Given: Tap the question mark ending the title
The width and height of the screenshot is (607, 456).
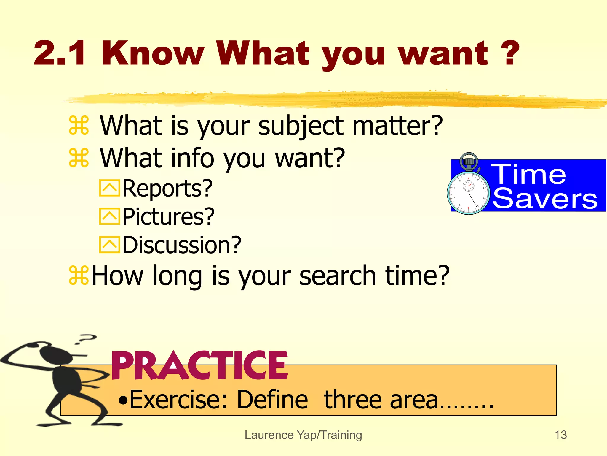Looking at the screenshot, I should (x=509, y=53).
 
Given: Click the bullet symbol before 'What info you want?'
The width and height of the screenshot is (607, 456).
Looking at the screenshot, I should (x=79, y=158).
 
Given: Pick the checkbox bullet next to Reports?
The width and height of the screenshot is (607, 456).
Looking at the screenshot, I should (x=109, y=188).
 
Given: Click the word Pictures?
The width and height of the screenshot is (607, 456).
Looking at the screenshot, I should (x=168, y=217).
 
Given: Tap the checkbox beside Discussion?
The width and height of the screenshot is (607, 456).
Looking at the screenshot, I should (x=109, y=245).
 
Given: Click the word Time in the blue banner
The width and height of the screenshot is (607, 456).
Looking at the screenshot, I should (x=529, y=175).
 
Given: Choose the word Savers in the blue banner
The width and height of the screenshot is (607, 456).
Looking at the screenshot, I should (x=545, y=199).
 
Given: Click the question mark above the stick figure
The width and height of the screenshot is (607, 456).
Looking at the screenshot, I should (x=87, y=338).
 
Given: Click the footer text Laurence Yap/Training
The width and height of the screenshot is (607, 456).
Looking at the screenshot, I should (x=303, y=435).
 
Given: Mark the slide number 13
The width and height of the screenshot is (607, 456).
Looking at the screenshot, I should (x=560, y=435).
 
